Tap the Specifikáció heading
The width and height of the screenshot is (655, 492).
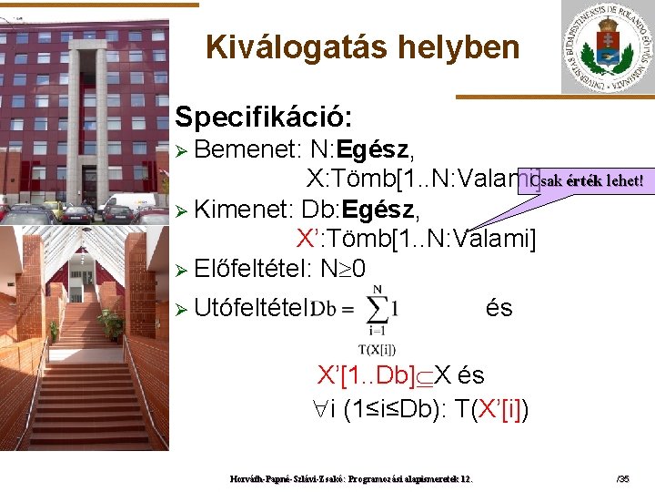264,117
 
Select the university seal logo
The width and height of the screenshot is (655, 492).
606,46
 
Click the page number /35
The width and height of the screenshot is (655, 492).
623,477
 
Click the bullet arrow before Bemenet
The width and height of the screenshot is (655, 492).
181,149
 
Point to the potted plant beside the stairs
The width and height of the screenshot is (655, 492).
111,323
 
